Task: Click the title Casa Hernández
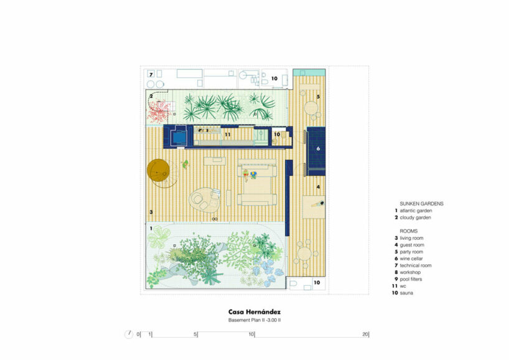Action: (x=254, y=312)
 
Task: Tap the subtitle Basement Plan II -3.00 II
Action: (x=254, y=320)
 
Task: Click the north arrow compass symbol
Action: (x=129, y=334)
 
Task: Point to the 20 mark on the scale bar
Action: (x=365, y=334)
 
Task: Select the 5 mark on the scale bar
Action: (x=195, y=334)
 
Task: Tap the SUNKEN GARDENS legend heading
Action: (x=421, y=204)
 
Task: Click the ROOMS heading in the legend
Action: (x=408, y=231)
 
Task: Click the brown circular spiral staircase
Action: (x=158, y=170)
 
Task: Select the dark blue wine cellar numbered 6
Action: (x=316, y=151)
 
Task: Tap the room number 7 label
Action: (x=151, y=75)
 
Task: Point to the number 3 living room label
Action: (x=151, y=212)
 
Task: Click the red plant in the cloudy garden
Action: (x=159, y=110)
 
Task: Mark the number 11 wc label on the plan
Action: (x=228, y=134)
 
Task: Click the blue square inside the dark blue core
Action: (x=179, y=137)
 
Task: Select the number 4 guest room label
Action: (x=318, y=187)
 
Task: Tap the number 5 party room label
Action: (x=318, y=97)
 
